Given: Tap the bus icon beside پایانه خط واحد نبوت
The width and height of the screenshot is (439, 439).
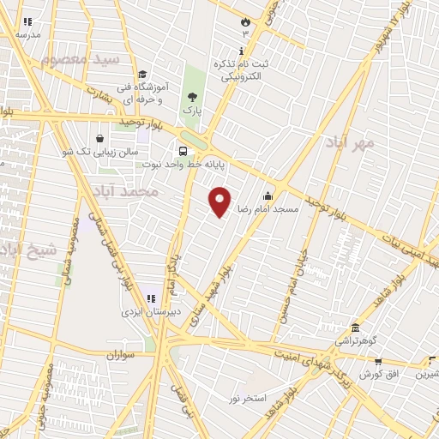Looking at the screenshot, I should click(182, 149).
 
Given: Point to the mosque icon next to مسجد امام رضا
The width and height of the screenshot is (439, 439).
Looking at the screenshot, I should click(268, 195).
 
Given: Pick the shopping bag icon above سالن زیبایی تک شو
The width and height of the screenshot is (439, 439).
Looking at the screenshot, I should click(100, 137).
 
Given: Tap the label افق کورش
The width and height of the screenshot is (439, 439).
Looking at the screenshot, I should click(376, 375).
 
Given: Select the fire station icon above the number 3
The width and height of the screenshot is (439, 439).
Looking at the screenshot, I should click(246, 21).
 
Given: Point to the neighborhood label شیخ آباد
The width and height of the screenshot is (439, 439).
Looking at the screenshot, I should click(27, 250).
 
